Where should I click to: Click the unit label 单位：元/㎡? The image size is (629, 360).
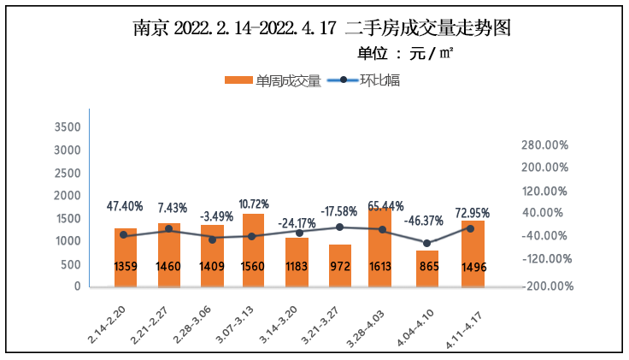pos(404,54)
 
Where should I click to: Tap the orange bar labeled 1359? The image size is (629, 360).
pos(126,257)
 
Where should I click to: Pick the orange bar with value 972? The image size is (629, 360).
pos(339,265)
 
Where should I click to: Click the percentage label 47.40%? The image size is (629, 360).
pos(125,207)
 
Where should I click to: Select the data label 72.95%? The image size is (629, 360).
pos(473,212)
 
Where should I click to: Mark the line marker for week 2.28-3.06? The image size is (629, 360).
pos(212,239)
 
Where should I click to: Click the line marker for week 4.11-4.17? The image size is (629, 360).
pos(471,228)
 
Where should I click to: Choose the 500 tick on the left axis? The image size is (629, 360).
pos(71,264)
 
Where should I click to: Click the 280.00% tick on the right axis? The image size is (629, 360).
pos(544,145)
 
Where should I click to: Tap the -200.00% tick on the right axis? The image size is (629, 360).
pos(542,286)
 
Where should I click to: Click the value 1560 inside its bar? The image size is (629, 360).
pos(254,266)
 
